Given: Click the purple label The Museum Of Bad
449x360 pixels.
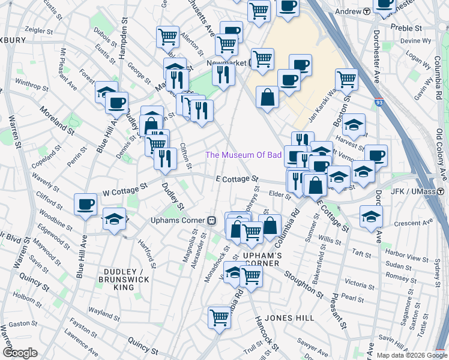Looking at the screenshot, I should coord(244,155).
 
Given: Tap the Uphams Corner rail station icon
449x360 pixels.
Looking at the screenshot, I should coord(211,220).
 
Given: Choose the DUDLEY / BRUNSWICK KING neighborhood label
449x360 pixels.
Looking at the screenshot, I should coord(124,279).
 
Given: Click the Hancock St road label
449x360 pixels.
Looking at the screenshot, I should coord(267,334).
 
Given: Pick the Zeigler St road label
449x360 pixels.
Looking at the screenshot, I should coord(29,28).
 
